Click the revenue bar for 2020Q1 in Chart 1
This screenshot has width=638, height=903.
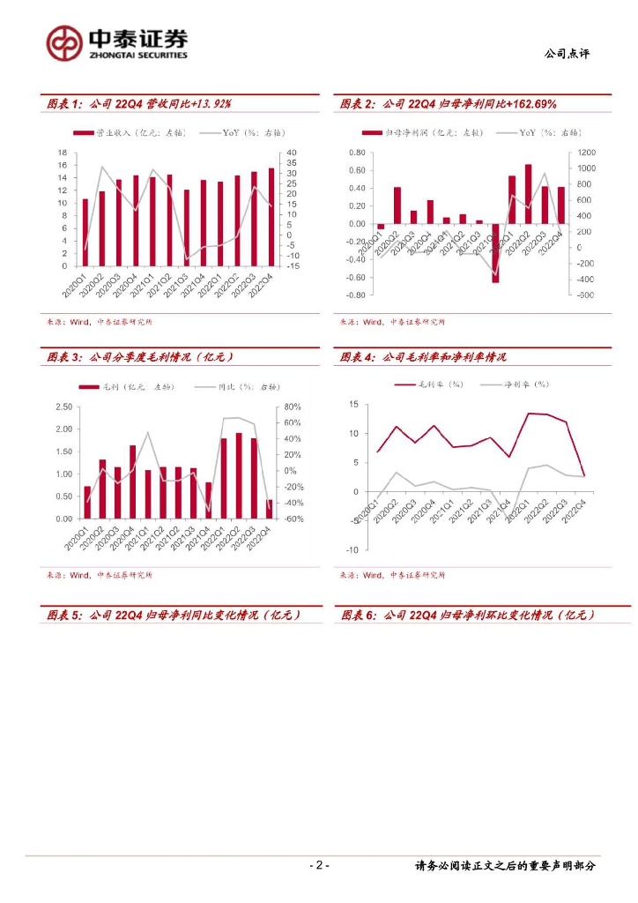point(85,232)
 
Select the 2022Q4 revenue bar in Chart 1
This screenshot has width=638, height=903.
point(271,217)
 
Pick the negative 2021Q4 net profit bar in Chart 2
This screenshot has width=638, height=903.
point(495,253)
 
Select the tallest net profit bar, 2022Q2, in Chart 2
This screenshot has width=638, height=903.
point(529,194)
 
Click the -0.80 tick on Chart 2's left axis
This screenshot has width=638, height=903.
point(354,295)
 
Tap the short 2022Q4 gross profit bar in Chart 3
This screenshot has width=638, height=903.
point(269,509)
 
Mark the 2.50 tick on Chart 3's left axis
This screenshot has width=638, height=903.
point(63,407)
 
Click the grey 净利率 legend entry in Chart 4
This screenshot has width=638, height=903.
point(516,384)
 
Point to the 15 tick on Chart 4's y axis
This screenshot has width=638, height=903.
point(352,404)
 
